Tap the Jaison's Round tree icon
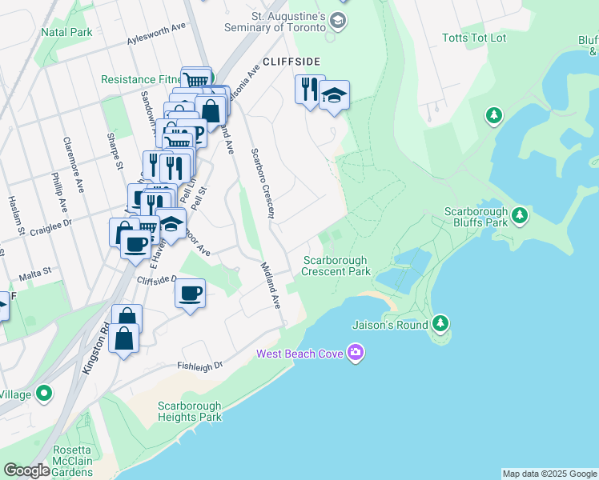click(x=440, y=324)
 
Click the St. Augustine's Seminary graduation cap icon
click(x=338, y=20)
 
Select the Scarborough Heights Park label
click(x=189, y=411)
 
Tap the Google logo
click(x=26, y=470)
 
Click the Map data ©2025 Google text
click(x=549, y=474)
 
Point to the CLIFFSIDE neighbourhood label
click(x=291, y=62)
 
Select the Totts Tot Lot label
click(x=474, y=38)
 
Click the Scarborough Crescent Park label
click(x=336, y=266)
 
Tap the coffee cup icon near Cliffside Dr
click(x=190, y=294)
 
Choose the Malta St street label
click(x=35, y=273)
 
